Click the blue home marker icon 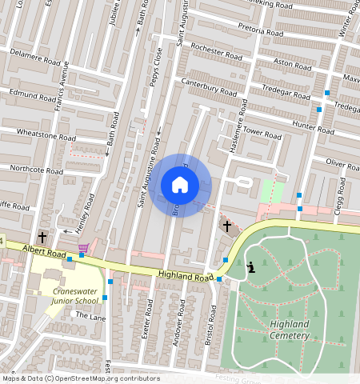click(x=180, y=185)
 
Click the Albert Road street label click(x=43, y=250)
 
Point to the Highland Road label click(x=186, y=276)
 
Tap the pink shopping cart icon click(x=83, y=248)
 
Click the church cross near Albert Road click(x=42, y=238)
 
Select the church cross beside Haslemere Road click(x=226, y=227)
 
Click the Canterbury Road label click(x=210, y=86)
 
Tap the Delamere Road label click(x=35, y=60)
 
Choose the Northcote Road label click(x=35, y=170)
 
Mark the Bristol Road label click(x=212, y=324)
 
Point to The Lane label click(x=90, y=316)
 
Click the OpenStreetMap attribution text click(x=81, y=378)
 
